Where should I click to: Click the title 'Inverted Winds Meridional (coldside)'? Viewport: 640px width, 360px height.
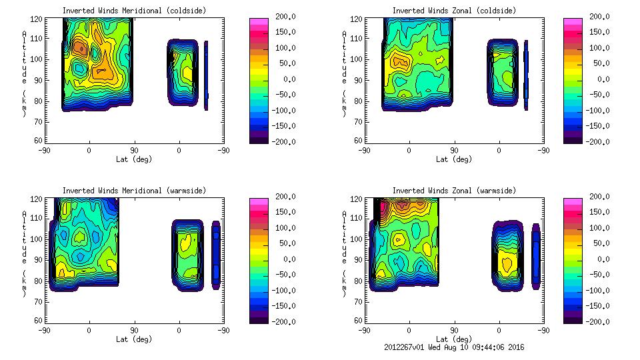click(134, 11)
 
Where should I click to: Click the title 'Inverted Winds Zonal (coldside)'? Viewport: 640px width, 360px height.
click(454, 11)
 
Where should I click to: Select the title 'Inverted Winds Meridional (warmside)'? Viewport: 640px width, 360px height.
click(134, 191)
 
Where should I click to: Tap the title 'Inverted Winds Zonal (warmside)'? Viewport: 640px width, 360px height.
click(454, 191)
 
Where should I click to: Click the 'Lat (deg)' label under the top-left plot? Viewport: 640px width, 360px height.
click(134, 159)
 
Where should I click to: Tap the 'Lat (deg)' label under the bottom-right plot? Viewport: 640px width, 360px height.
click(454, 339)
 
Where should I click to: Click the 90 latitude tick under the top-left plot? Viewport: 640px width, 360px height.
click(134, 151)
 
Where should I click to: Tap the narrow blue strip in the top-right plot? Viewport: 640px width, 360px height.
click(526, 75)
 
